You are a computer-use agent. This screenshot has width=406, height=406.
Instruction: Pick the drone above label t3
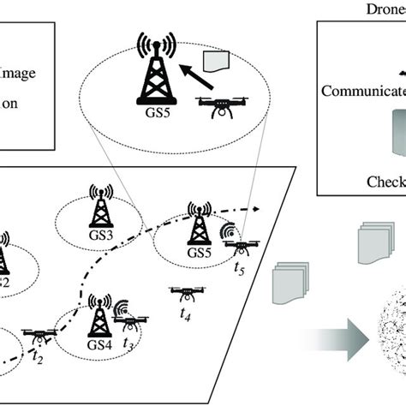pos(130,325)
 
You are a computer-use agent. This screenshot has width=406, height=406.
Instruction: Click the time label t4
pos(185,315)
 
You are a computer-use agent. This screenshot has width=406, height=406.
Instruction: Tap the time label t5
pos(240,268)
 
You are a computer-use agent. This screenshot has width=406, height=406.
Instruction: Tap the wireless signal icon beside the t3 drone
pos(122,308)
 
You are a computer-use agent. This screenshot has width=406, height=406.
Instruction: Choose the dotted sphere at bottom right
pos(389,347)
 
